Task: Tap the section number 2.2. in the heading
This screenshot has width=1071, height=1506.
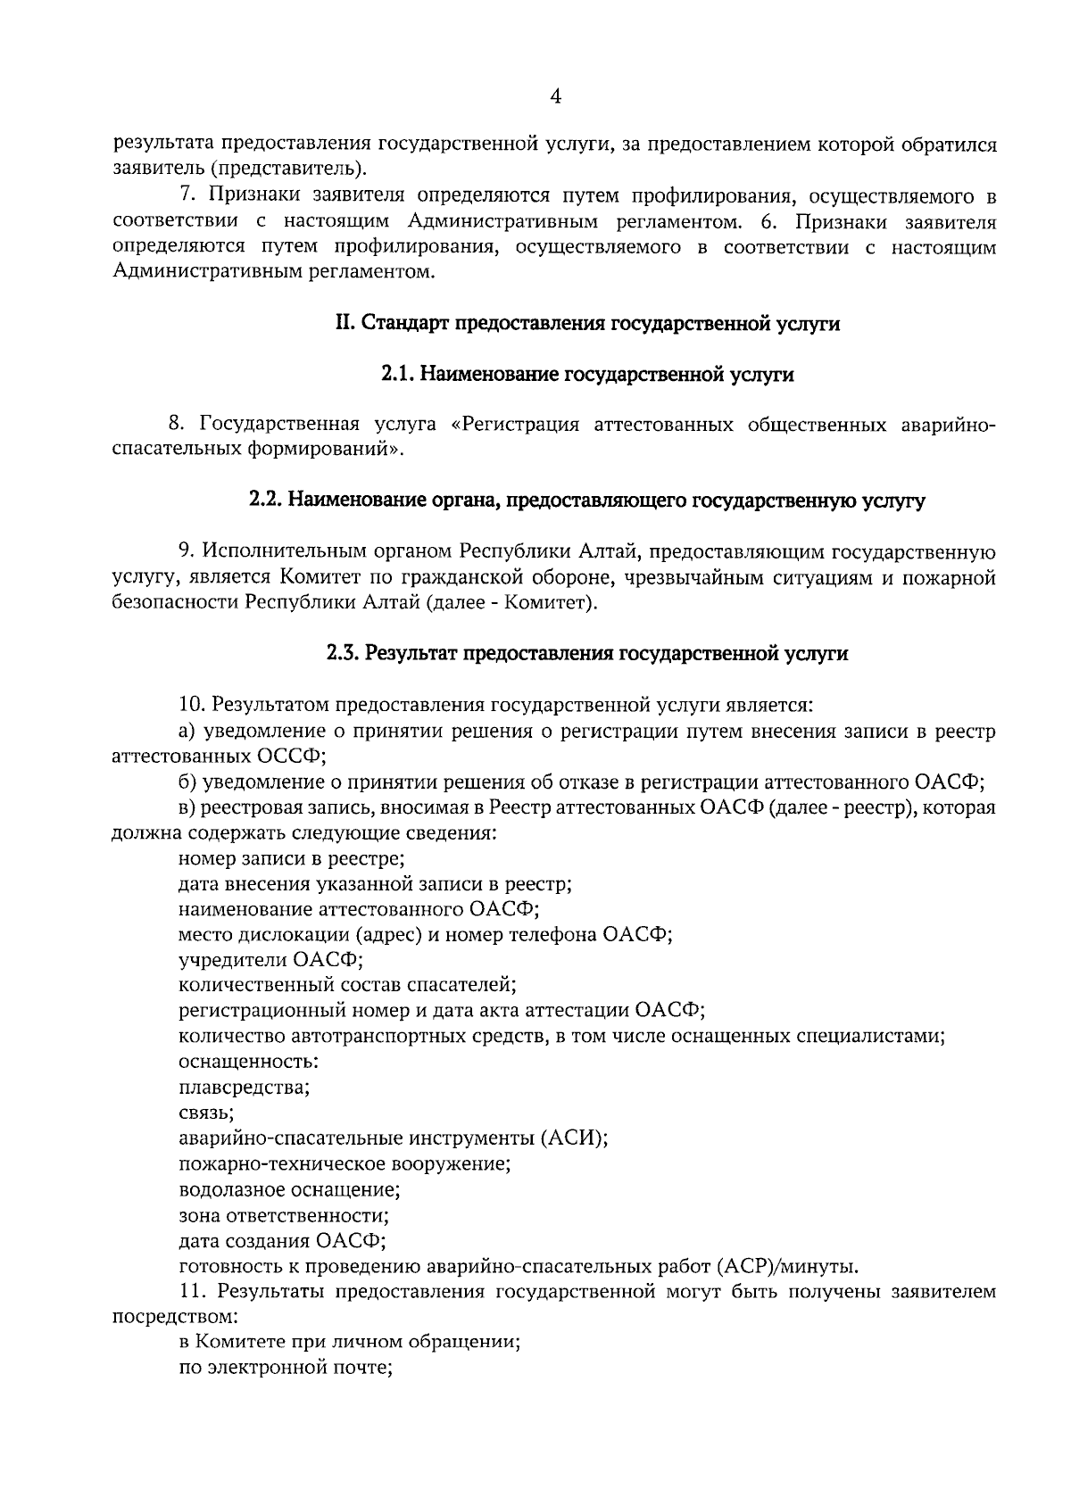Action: point(266,501)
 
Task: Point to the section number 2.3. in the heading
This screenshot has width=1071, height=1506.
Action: point(344,653)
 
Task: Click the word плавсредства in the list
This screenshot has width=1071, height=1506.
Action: point(244,1088)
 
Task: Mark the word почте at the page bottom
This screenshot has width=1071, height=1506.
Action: point(364,1369)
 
